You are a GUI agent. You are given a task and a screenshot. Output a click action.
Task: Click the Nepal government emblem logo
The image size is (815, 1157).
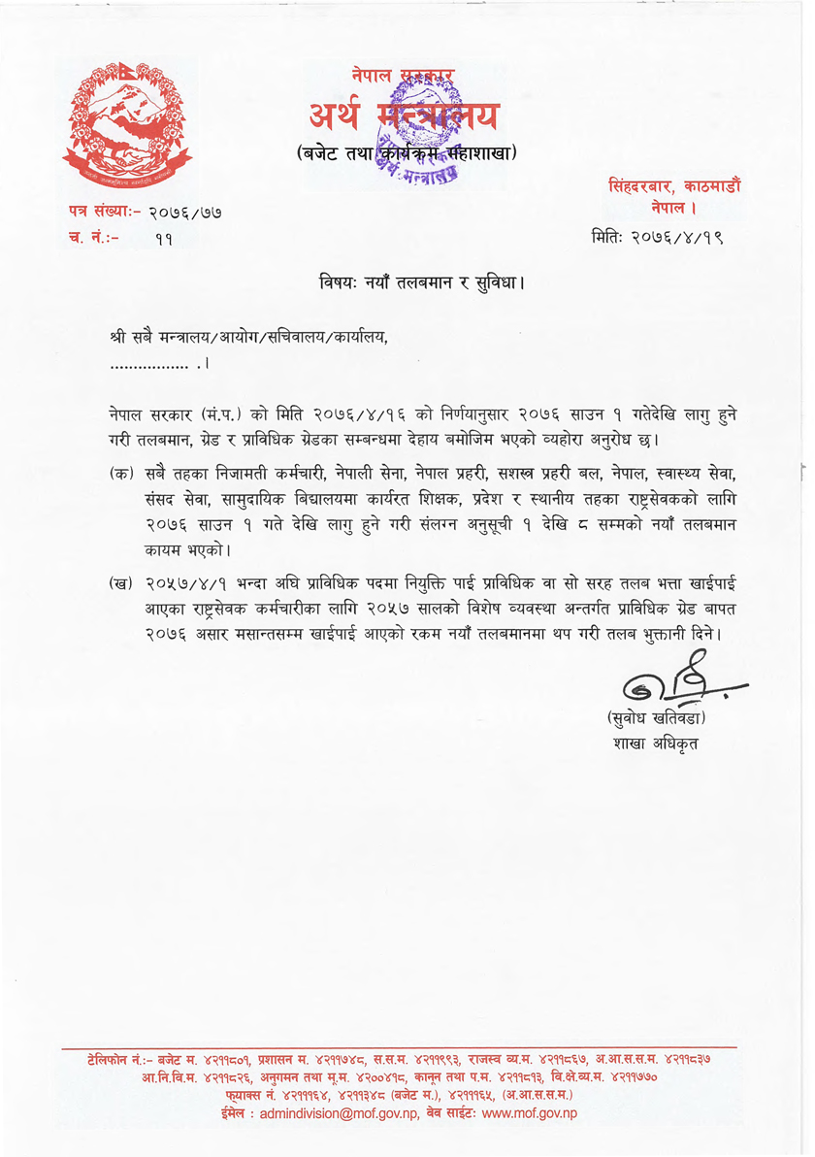(127, 121)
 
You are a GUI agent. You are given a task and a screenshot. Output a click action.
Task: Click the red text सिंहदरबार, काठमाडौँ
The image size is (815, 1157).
(675, 186)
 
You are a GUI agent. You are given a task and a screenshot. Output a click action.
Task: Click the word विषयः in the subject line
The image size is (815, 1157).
(342, 284)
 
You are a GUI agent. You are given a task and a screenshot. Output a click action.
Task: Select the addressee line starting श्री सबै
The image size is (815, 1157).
(249, 338)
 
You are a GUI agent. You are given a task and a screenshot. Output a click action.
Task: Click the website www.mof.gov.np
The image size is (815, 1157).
(530, 1113)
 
